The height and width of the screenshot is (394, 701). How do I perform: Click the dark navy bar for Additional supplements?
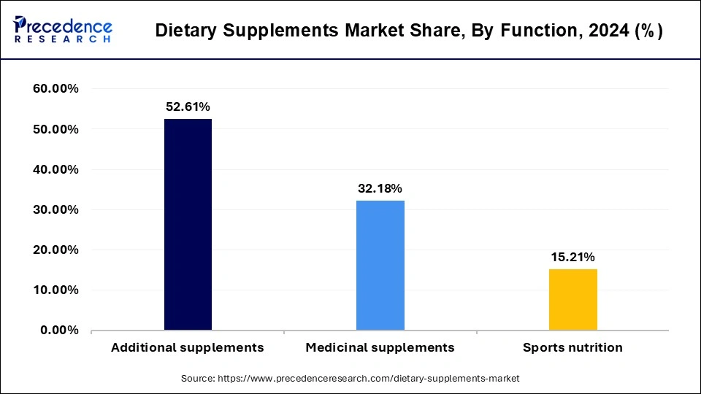(x=188, y=225)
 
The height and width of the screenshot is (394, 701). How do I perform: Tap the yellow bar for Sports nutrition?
(x=572, y=299)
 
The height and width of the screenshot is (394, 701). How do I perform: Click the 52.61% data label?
(x=188, y=107)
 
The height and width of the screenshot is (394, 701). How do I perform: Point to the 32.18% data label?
(x=380, y=189)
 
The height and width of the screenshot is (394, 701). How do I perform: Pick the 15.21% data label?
(x=572, y=257)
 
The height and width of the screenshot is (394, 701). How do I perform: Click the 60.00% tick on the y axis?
(x=55, y=89)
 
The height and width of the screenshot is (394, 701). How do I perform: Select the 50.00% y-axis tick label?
(x=55, y=129)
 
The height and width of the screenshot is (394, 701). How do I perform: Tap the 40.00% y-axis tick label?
(x=55, y=169)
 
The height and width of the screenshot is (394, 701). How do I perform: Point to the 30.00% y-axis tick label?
(x=55, y=209)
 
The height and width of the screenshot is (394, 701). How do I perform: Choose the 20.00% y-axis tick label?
(x=55, y=250)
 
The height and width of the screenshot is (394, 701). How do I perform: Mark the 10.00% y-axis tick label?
(x=55, y=290)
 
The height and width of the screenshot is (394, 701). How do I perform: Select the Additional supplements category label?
(x=188, y=347)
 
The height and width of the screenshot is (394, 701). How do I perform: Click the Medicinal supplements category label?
(x=380, y=347)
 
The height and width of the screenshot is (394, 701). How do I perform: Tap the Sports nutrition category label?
(x=572, y=347)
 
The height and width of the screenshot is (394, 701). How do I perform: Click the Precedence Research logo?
(x=63, y=29)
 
